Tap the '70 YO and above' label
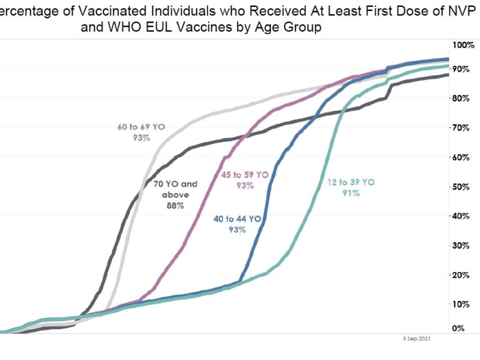pos(175,189)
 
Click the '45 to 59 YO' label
pos(245,174)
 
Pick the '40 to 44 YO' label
pos(237,219)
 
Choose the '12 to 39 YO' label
pos(350,182)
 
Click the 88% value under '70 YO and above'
pos(175,207)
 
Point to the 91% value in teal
pos(350,193)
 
